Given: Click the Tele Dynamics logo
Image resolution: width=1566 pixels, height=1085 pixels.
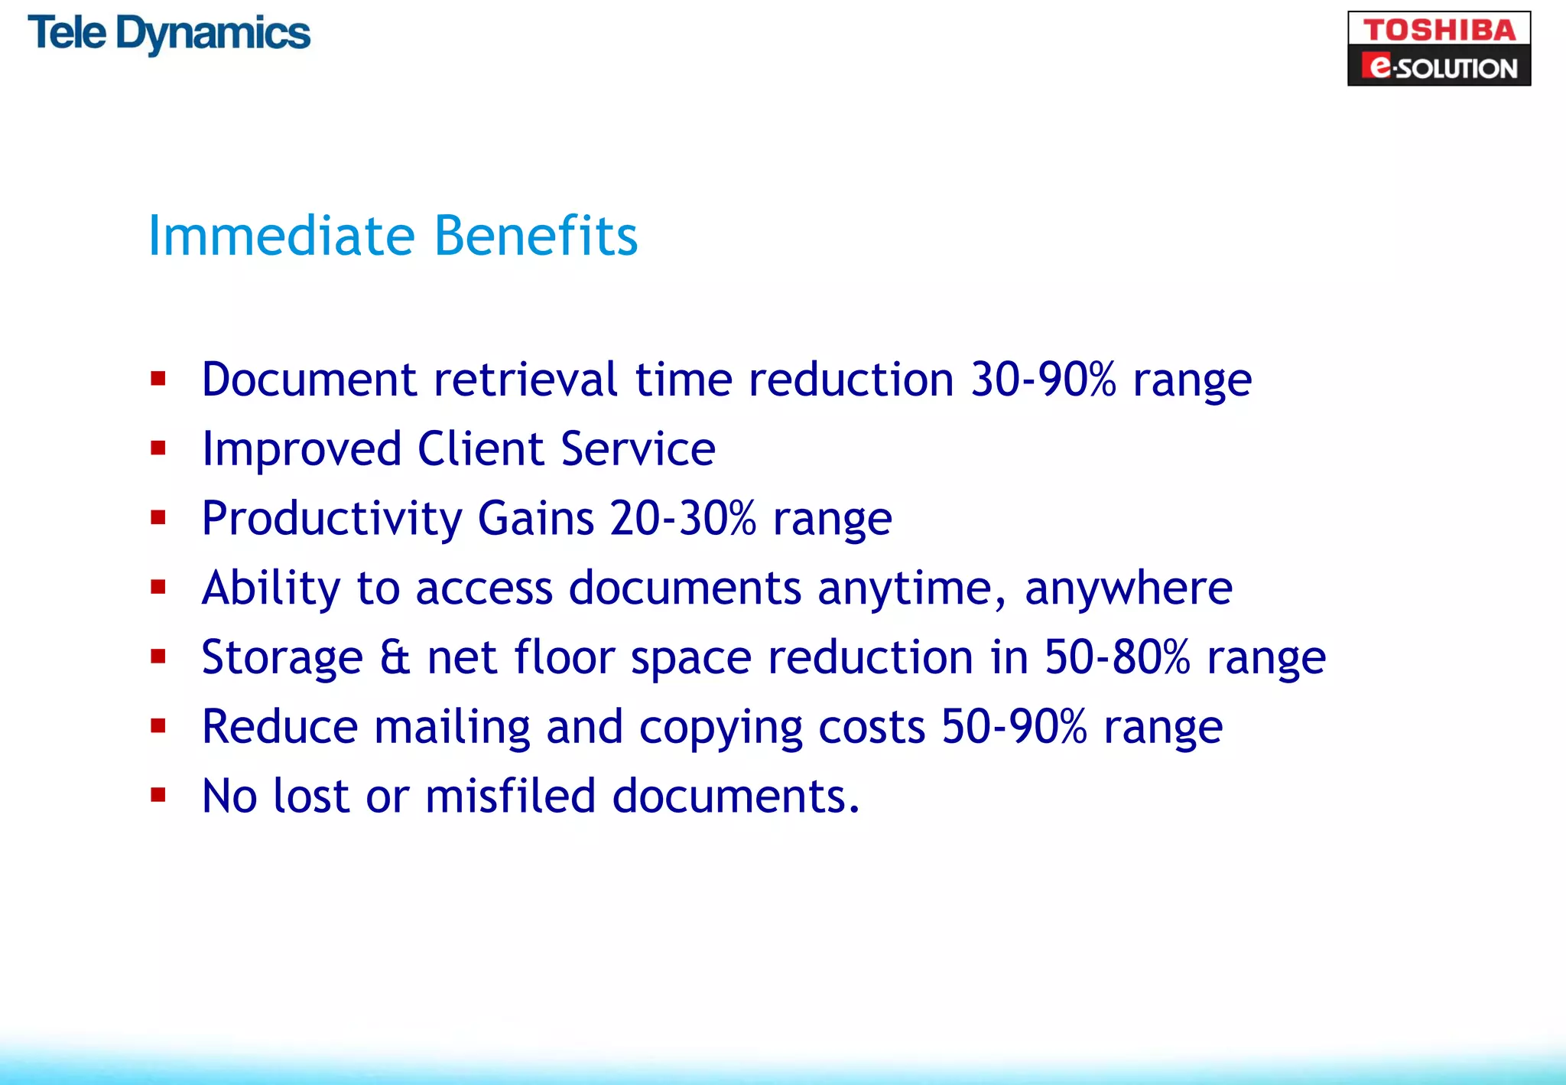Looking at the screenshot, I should (x=169, y=34).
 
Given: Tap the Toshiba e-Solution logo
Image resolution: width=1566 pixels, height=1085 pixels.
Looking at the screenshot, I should (x=1438, y=48).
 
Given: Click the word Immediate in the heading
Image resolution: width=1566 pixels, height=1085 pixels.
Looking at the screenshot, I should (x=281, y=236).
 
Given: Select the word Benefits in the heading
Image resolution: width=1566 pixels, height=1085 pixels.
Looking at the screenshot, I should (x=535, y=236).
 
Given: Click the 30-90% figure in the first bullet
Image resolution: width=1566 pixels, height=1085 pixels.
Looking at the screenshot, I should (x=1043, y=380).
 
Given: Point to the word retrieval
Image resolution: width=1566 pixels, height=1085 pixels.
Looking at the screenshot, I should (x=525, y=380).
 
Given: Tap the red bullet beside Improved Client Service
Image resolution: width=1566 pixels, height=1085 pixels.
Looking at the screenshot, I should (x=158, y=448).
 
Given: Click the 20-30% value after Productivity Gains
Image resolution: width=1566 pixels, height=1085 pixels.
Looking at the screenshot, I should (x=683, y=519).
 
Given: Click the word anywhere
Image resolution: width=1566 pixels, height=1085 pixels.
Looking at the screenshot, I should (x=1129, y=589).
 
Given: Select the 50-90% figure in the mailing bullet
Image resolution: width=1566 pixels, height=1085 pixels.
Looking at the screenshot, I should (x=1014, y=727).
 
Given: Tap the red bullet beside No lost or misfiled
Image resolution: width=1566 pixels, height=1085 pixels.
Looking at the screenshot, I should (x=158, y=795).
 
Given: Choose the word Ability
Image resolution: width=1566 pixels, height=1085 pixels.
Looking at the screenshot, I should (x=271, y=590).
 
